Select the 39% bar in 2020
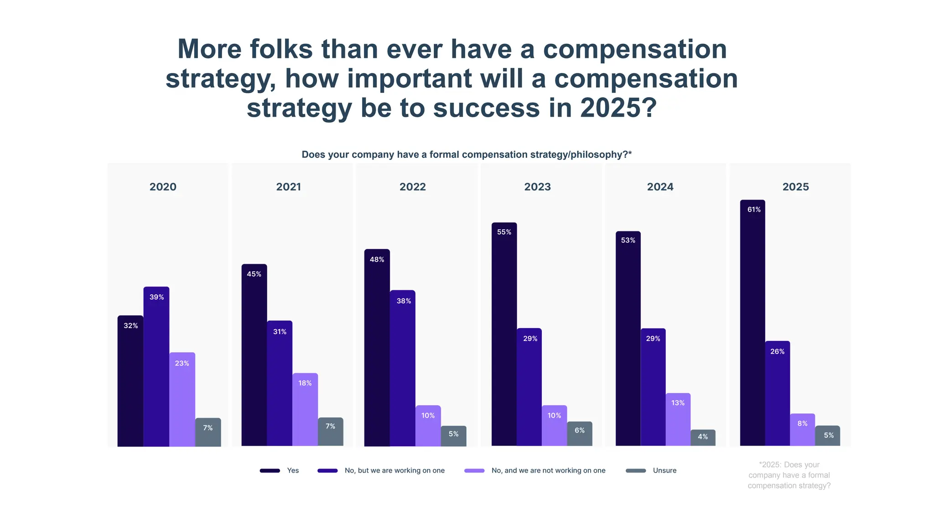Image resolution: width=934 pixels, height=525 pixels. (x=156, y=366)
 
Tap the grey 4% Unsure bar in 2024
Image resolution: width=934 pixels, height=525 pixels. (x=703, y=437)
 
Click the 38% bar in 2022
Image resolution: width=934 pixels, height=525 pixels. (x=403, y=368)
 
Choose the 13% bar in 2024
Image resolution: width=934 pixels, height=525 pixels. (x=678, y=419)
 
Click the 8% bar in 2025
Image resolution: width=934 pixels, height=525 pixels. (x=802, y=430)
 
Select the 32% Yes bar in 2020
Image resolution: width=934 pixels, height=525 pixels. (x=130, y=381)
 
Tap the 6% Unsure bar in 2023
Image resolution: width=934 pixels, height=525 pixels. (x=580, y=433)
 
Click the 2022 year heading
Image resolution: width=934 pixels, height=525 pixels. (x=413, y=187)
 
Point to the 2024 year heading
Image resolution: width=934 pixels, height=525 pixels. (x=660, y=187)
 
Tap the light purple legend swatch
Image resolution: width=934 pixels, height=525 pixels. (x=474, y=471)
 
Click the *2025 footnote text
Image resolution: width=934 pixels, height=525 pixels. (x=789, y=475)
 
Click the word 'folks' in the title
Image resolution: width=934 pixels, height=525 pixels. (x=281, y=49)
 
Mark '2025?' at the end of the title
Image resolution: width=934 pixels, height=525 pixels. (x=618, y=108)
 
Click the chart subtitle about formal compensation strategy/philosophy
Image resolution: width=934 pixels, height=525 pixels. (x=467, y=154)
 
